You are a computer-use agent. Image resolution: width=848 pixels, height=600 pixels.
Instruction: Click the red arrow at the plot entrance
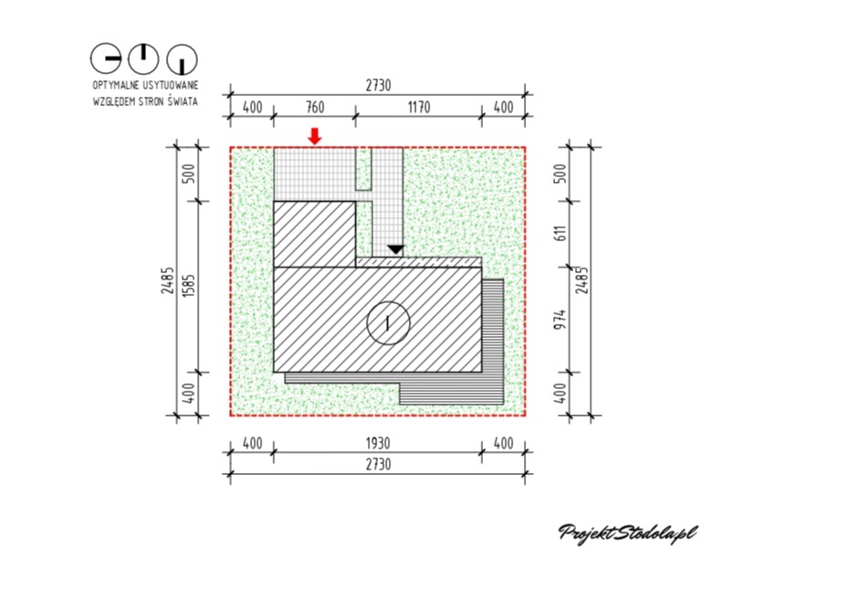coord(315,136)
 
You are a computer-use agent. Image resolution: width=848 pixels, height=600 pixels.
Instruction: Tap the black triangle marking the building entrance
coord(396,250)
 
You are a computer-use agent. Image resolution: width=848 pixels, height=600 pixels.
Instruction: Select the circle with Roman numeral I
coord(388,323)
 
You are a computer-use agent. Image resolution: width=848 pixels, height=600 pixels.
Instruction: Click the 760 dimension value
coord(315,107)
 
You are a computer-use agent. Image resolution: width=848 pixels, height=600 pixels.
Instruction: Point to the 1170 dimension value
coord(419,107)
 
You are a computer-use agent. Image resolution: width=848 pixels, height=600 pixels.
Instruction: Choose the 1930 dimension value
coord(378,444)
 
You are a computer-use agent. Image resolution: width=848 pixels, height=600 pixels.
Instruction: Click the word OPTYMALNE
coord(116,86)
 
